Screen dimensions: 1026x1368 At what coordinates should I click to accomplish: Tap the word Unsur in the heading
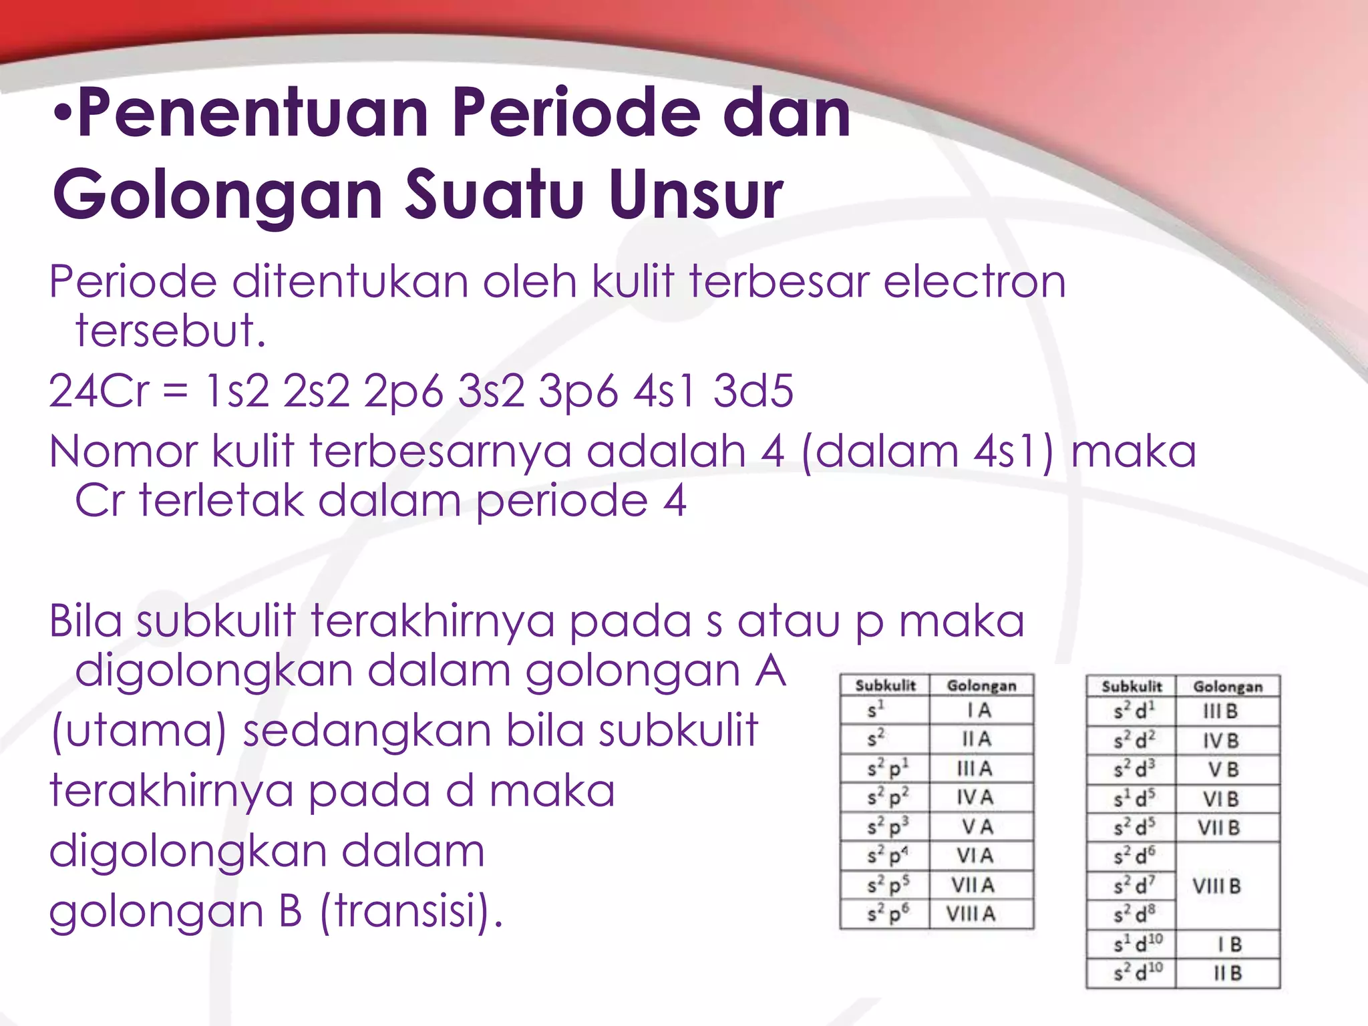[x=695, y=195]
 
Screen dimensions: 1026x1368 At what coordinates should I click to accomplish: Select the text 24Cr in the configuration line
[x=99, y=391]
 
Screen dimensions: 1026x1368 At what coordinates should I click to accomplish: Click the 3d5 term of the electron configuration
[x=753, y=391]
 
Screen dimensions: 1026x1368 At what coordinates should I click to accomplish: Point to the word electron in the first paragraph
[x=975, y=282]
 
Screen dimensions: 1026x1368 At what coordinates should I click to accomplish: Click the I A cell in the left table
[x=979, y=711]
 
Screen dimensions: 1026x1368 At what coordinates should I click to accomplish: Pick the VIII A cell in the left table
[x=971, y=914]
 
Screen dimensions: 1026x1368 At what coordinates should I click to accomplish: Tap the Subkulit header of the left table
[x=885, y=686]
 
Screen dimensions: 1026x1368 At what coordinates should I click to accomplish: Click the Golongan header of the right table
[x=1228, y=687]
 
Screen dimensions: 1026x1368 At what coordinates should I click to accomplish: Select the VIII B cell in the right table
[x=1217, y=886]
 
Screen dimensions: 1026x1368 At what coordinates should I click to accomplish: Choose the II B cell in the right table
[x=1228, y=973]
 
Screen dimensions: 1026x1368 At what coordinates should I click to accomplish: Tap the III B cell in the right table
[x=1220, y=712]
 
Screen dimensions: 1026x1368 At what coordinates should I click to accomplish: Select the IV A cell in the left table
[x=975, y=798]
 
